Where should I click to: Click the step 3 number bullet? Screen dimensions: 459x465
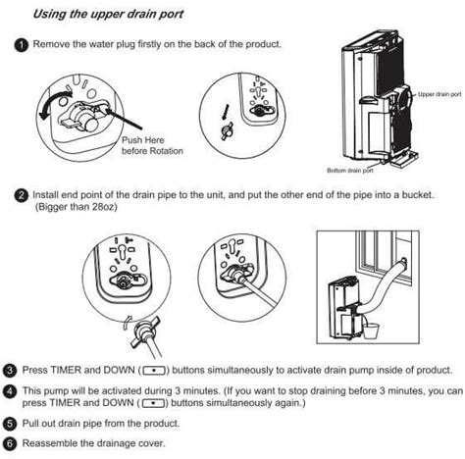coord(10,371)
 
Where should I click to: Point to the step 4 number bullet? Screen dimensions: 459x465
coord(10,389)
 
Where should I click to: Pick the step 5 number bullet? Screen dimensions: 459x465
coord(10,424)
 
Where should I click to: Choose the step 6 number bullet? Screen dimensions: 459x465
coord(10,442)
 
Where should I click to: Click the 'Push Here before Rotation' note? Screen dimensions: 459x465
coord(146,145)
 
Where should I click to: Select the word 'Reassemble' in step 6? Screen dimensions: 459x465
coord(58,442)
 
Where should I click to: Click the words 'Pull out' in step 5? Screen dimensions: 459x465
coord(46,424)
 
